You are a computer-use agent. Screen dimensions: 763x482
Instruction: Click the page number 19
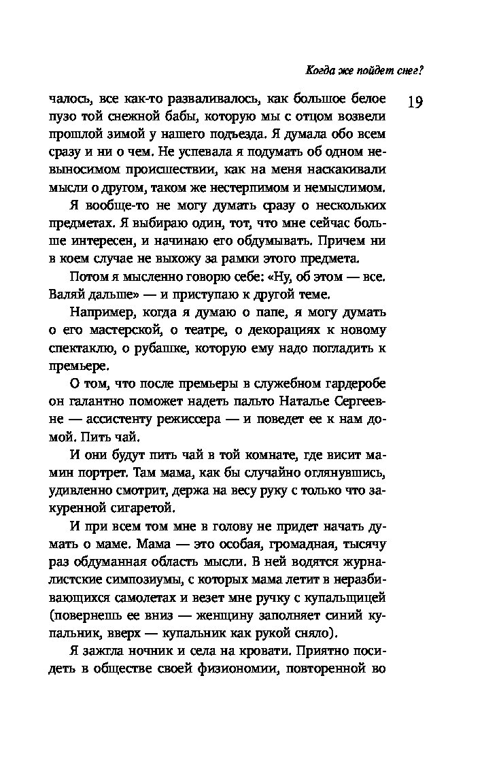[x=415, y=102]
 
